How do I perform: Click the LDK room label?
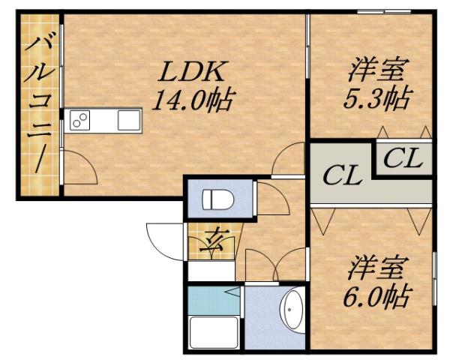(190, 73)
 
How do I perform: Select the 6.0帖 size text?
(377, 295)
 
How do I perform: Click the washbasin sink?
(292, 310)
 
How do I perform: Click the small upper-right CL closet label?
(406, 158)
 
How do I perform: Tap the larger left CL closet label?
(343, 177)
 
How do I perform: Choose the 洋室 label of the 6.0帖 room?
(377, 268)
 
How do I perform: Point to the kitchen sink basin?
(128, 118)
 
